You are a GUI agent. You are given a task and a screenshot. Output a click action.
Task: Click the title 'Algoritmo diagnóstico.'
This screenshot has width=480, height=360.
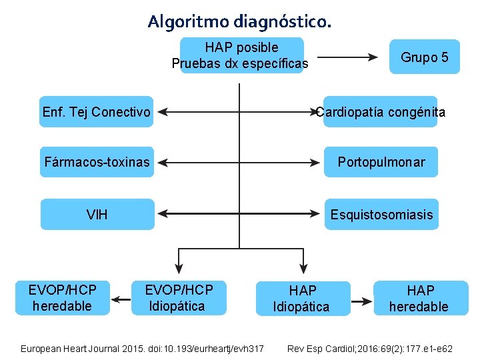point(239,21)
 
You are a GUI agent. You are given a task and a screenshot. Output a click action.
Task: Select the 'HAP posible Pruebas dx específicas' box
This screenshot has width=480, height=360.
point(241,55)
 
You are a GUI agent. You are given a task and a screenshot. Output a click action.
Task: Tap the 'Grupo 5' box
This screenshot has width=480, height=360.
point(425,57)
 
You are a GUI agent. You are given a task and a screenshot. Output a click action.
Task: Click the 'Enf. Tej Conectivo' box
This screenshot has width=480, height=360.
point(97,111)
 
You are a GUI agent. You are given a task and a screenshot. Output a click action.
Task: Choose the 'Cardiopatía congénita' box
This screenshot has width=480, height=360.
point(381,111)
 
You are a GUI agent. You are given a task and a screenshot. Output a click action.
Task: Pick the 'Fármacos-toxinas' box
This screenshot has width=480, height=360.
point(97,162)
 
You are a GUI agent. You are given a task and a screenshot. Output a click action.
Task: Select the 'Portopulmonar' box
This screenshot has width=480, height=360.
point(381,162)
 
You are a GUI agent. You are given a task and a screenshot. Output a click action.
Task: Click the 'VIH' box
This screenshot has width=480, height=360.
point(97,214)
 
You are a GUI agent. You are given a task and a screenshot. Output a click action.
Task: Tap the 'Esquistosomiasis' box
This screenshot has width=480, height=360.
point(381,214)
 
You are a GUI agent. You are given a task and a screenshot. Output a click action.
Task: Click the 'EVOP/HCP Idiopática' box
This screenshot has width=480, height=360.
point(178,298)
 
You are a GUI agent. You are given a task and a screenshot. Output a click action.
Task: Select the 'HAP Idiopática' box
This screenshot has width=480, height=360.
point(303,299)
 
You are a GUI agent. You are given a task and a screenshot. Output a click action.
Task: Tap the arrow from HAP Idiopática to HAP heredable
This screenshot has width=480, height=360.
point(362,301)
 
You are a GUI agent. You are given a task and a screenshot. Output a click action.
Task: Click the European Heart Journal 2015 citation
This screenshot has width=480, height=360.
point(143,349)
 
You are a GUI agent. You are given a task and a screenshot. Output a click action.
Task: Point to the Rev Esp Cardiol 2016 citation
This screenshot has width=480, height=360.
point(369,349)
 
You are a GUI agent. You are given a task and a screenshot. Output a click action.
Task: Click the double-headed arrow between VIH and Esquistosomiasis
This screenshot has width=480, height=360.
point(239,214)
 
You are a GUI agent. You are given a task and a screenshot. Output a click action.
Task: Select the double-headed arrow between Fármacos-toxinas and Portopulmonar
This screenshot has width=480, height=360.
point(239,162)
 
